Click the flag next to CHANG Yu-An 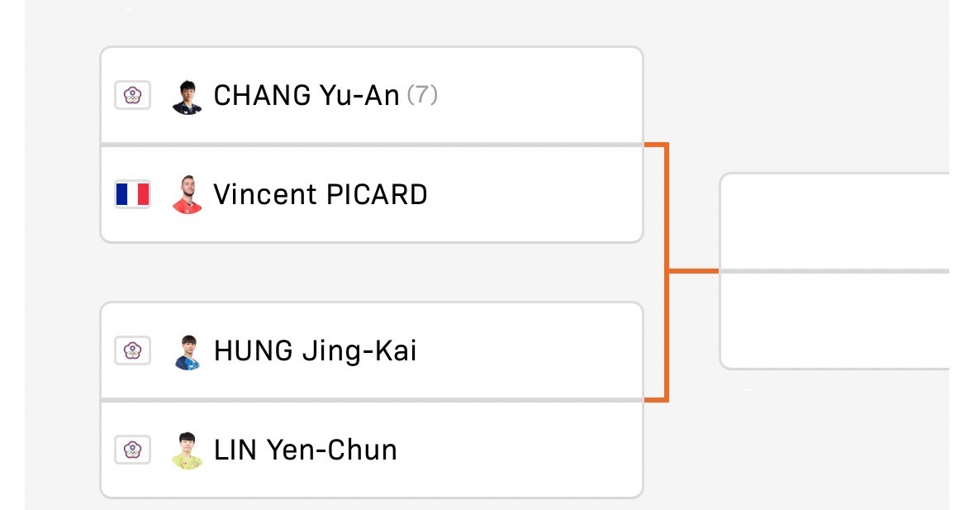pyautogui.click(x=132, y=95)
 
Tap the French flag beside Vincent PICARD pyautogui.click(x=132, y=194)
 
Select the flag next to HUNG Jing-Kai pyautogui.click(x=132, y=350)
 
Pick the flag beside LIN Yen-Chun pyautogui.click(x=132, y=450)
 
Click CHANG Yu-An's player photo pyautogui.click(x=187, y=97)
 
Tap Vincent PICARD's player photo pyautogui.click(x=187, y=195)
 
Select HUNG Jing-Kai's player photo pyautogui.click(x=187, y=353)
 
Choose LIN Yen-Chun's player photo pyautogui.click(x=187, y=451)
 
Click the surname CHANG pyautogui.click(x=263, y=96)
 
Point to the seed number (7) pyautogui.click(x=422, y=95)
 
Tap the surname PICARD pyautogui.click(x=377, y=194)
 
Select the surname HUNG pyautogui.click(x=254, y=351)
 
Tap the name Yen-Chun pyautogui.click(x=332, y=450)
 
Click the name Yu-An pyautogui.click(x=359, y=96)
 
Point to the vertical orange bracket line pyautogui.click(x=666, y=272)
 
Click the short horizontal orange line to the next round pyautogui.click(x=693, y=271)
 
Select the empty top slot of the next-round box pyautogui.click(x=835, y=222)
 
